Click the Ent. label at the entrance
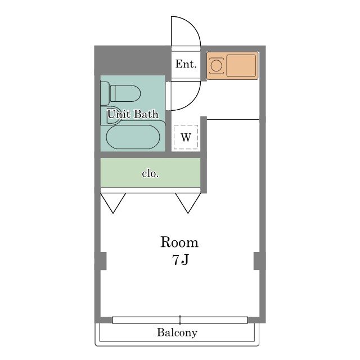pyautogui.click(x=186, y=64)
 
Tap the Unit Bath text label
pyautogui.click(x=133, y=114)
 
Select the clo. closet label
pyautogui.click(x=150, y=174)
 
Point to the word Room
pyautogui.click(x=179, y=242)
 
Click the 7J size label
pyautogui.click(x=180, y=260)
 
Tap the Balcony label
pyautogui.click(x=177, y=332)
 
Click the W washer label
pyautogui.click(x=186, y=137)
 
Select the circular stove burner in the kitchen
pyautogui.click(x=216, y=66)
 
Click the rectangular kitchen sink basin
pyautogui.click(x=241, y=65)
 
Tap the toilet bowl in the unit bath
pyautogui.click(x=125, y=93)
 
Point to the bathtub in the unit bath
pyautogui.click(x=133, y=137)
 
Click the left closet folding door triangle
pyautogui.click(x=113, y=203)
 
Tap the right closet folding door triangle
pyautogui.click(x=188, y=203)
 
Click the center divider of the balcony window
pyautogui.click(x=180, y=320)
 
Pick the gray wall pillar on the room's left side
pyautogui.click(x=101, y=261)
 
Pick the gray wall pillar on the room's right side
pyautogui.click(x=260, y=261)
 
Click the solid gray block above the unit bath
pyautogui.click(x=133, y=61)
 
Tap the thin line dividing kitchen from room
pyautogui.click(x=233, y=119)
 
